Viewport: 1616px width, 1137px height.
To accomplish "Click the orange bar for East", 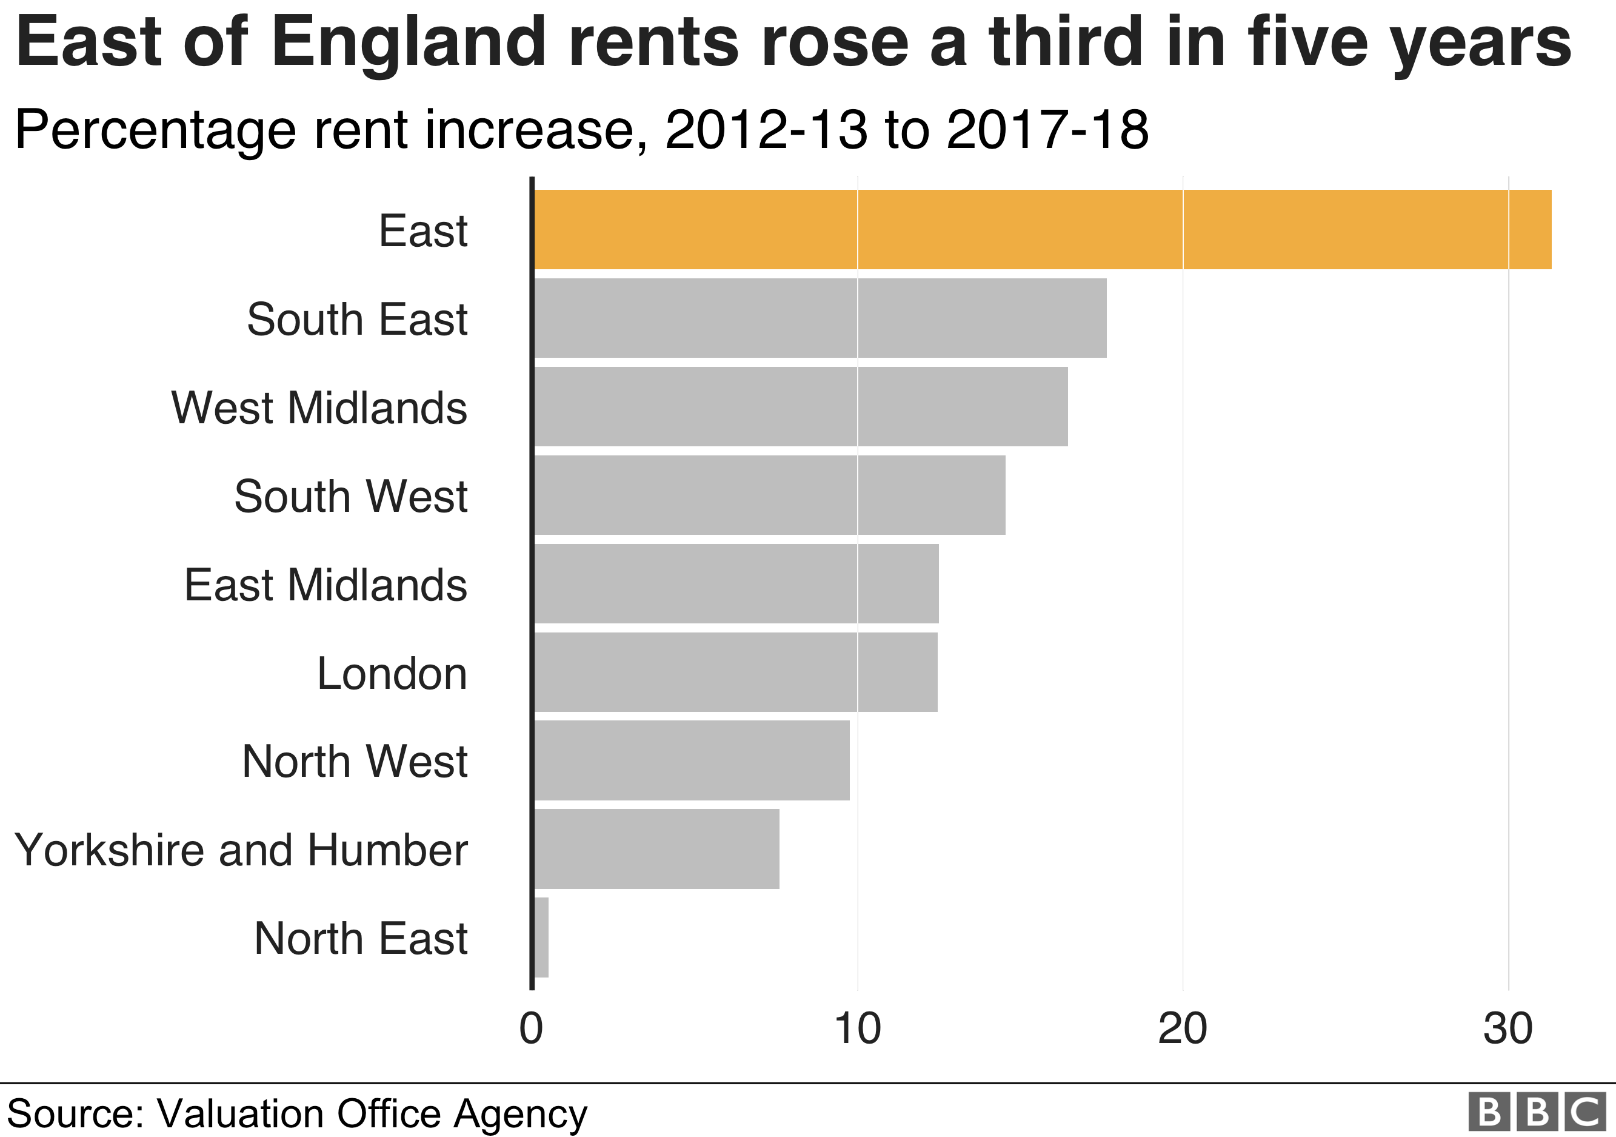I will click(1042, 229).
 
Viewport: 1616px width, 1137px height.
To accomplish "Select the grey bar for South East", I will click(820, 318).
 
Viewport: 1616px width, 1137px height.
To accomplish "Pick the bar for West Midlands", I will click(800, 406).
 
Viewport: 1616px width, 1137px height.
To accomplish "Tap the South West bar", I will click(769, 495).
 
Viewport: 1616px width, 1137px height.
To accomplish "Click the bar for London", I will click(735, 672).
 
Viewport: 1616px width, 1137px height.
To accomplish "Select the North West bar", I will click(692, 760).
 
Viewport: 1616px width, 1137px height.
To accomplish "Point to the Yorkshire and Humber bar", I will click(656, 849).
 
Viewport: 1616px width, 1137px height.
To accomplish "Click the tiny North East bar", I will click(541, 937).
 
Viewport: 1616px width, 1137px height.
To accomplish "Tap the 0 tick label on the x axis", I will click(532, 1028).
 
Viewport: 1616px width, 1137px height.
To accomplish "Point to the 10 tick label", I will click(856, 1028).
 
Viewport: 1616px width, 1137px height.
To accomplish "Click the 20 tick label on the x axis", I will click(1183, 1028).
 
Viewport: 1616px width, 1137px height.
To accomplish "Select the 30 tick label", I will click(1507, 1028).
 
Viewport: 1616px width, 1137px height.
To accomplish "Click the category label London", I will click(392, 674).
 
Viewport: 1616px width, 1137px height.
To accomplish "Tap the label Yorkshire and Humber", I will click(241, 850).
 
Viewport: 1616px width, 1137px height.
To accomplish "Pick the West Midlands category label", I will click(319, 408).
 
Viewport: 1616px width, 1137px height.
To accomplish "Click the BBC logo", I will click(1537, 1112).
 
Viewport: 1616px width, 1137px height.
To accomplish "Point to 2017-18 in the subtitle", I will click(1047, 130).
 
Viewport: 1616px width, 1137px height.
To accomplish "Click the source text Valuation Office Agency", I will click(372, 1114).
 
